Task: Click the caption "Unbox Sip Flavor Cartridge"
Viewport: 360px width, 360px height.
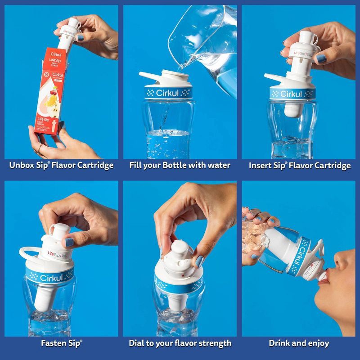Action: (x=61, y=165)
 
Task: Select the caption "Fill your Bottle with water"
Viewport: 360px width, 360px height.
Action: (x=180, y=165)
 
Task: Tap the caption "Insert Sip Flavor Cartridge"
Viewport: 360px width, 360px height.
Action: (x=300, y=165)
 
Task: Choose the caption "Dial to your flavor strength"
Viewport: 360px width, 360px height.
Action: (x=180, y=343)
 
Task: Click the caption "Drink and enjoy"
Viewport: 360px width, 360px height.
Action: (x=299, y=343)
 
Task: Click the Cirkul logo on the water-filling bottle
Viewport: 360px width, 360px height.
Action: (x=167, y=94)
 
